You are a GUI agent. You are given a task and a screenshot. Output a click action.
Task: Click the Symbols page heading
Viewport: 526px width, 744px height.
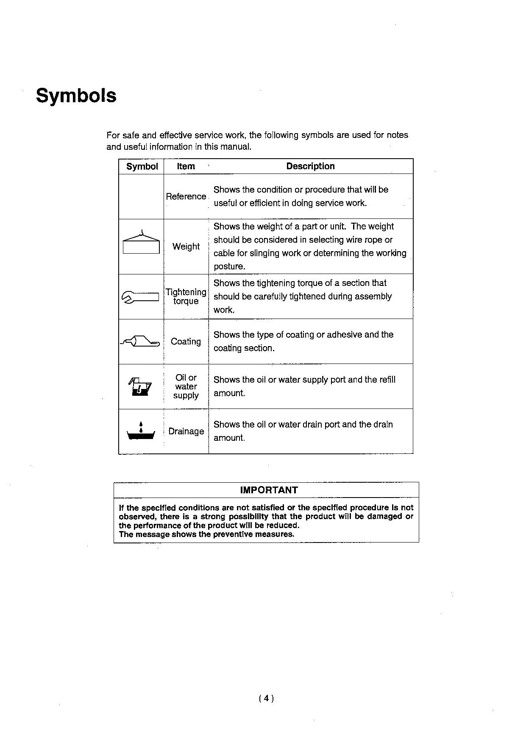pyautogui.click(x=76, y=95)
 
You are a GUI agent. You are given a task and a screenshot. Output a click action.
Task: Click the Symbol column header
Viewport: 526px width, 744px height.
pyautogui.click(x=142, y=166)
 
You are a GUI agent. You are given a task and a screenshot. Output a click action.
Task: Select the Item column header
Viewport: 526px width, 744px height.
pyautogui.click(x=186, y=166)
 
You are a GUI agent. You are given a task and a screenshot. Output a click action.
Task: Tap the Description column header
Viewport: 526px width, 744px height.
pyautogui.click(x=310, y=166)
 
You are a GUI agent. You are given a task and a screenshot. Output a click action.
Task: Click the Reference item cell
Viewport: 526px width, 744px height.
pyautogui.click(x=186, y=196)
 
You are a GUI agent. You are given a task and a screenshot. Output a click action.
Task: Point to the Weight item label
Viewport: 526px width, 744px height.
pyautogui.click(x=186, y=246)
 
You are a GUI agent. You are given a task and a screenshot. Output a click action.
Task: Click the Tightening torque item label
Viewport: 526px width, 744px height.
pyautogui.click(x=186, y=296)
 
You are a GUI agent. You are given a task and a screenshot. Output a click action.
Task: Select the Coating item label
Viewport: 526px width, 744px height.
pyautogui.click(x=186, y=341)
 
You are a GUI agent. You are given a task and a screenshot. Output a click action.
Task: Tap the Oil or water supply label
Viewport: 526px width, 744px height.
pyautogui.click(x=186, y=386)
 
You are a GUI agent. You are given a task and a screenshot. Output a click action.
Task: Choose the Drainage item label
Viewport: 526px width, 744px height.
pyautogui.click(x=186, y=431)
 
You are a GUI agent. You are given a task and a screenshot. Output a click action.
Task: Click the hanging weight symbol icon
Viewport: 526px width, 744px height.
pyautogui.click(x=141, y=242)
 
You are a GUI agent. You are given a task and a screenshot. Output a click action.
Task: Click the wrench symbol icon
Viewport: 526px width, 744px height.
pyautogui.click(x=140, y=297)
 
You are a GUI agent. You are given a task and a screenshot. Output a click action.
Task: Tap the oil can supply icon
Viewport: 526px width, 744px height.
pyautogui.click(x=140, y=386)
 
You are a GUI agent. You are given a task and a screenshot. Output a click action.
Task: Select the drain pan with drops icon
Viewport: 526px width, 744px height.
pyautogui.click(x=141, y=431)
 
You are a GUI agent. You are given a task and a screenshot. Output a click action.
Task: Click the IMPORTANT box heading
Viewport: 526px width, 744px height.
pyautogui.click(x=269, y=490)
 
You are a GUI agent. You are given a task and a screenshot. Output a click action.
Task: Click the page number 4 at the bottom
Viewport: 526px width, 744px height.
pyautogui.click(x=266, y=698)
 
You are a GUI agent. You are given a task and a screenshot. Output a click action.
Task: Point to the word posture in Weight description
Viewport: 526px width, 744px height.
pyautogui.click(x=229, y=267)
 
